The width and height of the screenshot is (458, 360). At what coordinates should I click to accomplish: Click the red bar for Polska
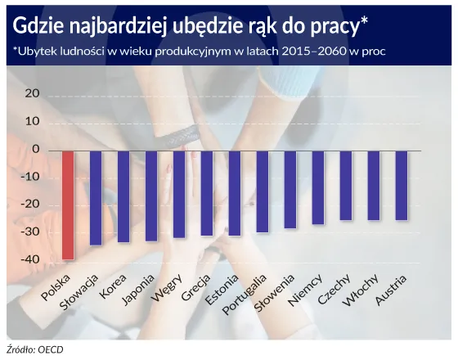click(x=68, y=205)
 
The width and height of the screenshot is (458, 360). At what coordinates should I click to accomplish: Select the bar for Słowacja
click(x=96, y=198)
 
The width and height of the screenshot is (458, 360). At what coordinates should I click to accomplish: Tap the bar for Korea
click(x=123, y=196)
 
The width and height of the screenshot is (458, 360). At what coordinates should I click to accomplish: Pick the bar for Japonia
click(x=151, y=196)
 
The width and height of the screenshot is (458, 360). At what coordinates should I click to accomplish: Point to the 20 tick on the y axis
click(x=32, y=93)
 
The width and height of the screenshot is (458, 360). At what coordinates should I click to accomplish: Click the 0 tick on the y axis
click(x=35, y=149)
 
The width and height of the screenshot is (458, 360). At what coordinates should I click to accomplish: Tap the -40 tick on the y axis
click(x=30, y=259)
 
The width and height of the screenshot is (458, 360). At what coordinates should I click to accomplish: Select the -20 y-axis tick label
click(x=30, y=205)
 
